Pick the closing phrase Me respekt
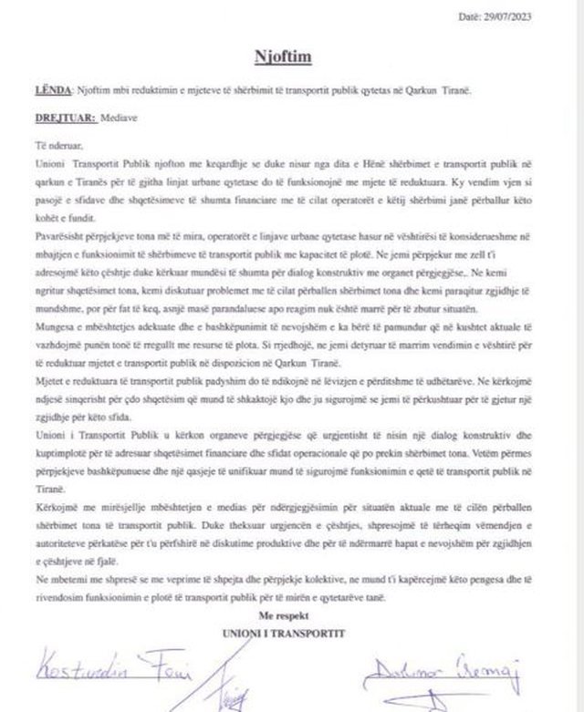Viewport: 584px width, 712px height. coord(292,618)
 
